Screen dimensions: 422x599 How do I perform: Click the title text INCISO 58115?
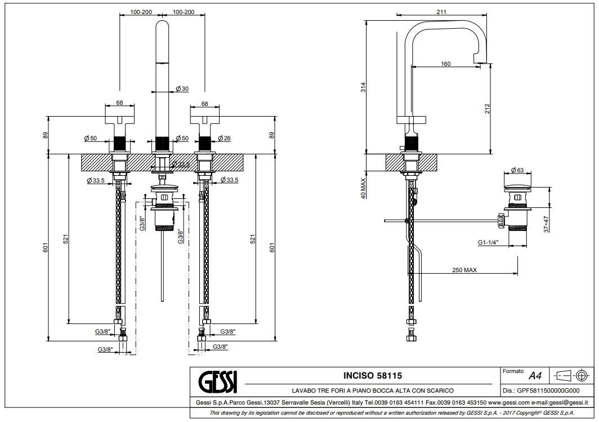click(372, 375)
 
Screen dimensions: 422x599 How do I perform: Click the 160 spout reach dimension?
click(445, 64)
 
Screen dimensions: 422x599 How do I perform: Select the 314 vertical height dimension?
click(364, 87)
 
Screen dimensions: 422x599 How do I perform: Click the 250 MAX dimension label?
click(464, 270)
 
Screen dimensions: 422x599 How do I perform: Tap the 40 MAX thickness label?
click(364, 188)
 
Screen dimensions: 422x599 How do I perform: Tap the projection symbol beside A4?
click(571, 375)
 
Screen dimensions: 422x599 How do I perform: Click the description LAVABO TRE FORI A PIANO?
click(372, 390)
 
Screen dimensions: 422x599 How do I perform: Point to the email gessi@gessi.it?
click(569, 402)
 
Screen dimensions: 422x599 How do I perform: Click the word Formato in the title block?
click(512, 372)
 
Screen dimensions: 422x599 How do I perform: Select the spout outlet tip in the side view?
click(481, 61)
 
